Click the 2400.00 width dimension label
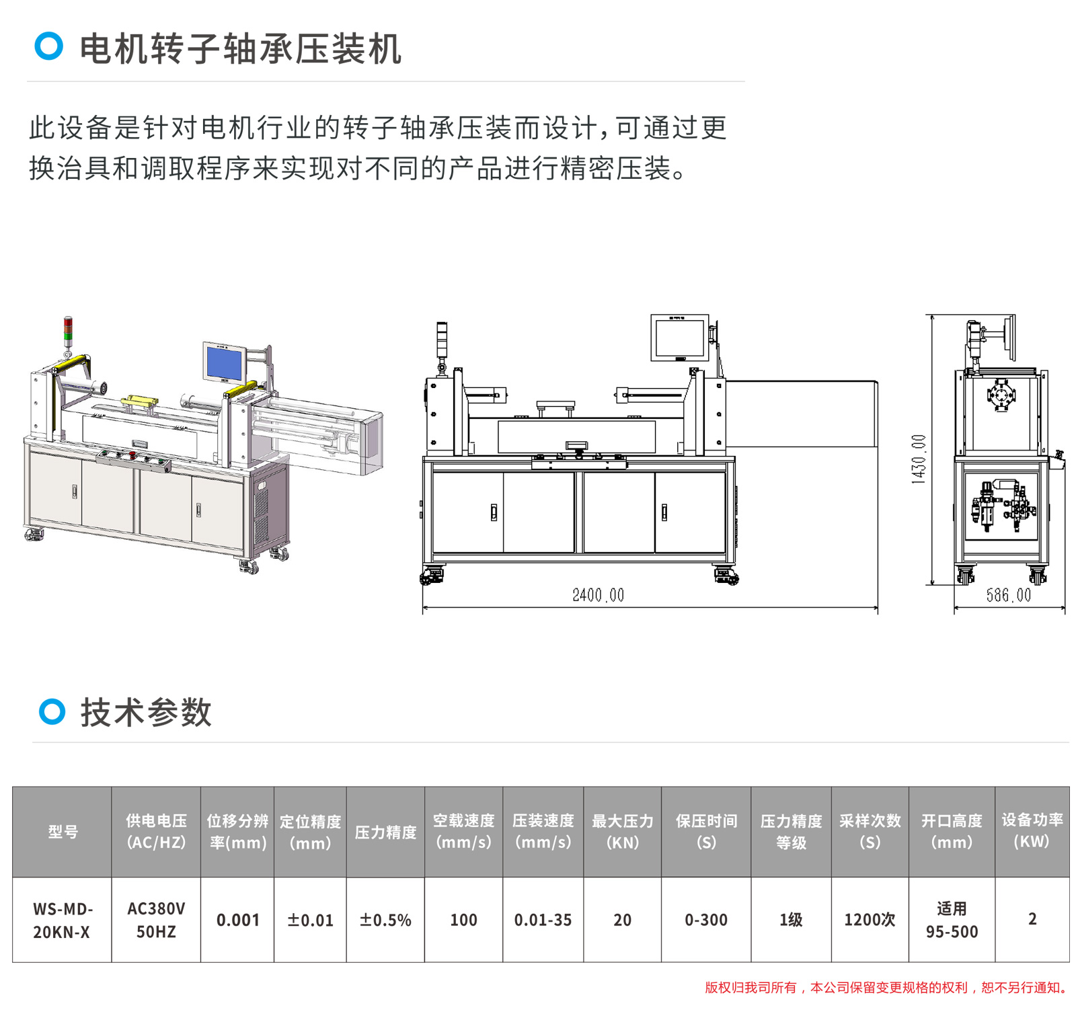tap(598, 595)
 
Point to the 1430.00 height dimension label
tap(918, 459)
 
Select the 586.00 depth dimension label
tap(1008, 595)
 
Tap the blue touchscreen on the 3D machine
tap(223, 363)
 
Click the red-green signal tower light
tap(68, 330)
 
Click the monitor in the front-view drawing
tap(679, 338)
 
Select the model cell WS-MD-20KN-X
tap(62, 920)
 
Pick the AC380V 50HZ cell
tap(156, 920)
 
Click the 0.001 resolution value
tap(237, 920)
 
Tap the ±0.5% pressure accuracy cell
tap(385, 920)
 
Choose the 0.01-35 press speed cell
tap(543, 920)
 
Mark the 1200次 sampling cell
tap(870, 920)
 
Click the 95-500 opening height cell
tap(952, 920)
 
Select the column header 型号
tap(63, 832)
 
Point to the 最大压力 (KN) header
tap(622, 832)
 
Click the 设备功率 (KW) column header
tap(1032, 831)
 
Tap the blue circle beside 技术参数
tap(52, 711)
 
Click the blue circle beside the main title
tap(49, 46)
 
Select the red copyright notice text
tap(886, 988)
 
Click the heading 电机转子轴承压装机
tap(241, 49)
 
